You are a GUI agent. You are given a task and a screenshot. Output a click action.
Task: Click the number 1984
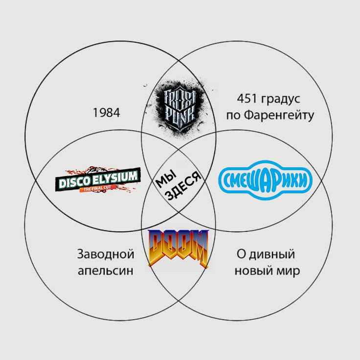[x=106, y=112]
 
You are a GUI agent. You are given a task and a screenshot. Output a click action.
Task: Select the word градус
[x=280, y=100]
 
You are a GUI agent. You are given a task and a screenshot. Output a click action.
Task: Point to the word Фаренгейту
[x=279, y=115]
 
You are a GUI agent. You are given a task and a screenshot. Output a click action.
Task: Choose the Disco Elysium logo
[x=98, y=179]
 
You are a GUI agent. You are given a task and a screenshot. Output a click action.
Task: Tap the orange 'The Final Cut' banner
[x=97, y=189]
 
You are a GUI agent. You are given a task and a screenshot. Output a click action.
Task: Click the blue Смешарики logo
[x=265, y=180]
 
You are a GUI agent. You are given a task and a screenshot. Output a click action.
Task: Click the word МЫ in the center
[x=166, y=178]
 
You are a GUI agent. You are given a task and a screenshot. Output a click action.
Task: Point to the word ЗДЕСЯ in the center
[x=183, y=186]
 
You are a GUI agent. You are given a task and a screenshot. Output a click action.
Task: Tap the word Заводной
[x=106, y=254]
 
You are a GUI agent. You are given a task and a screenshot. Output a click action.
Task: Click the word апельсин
[x=105, y=270]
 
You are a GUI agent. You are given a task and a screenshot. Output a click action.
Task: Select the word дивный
[x=272, y=255]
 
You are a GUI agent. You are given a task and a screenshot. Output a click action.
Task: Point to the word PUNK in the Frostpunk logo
[x=180, y=117]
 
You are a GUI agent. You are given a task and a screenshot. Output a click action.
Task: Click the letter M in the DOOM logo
[x=199, y=247]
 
